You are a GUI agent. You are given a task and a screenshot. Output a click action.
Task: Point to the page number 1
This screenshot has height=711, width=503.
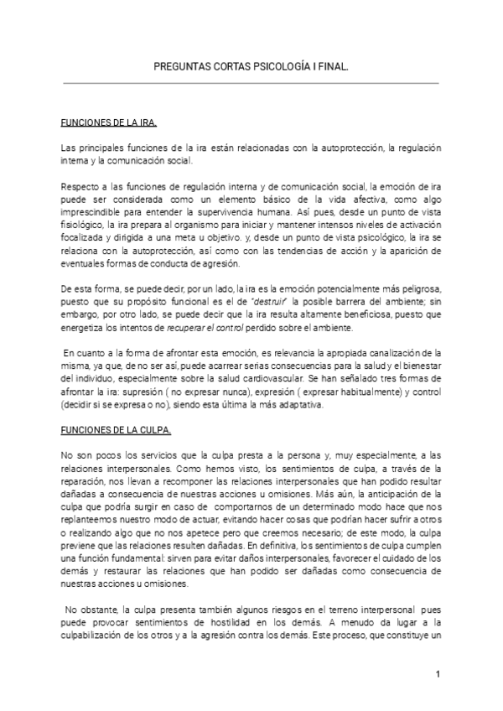[x=438, y=674]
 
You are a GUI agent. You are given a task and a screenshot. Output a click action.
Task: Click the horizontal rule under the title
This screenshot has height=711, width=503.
[x=251, y=83]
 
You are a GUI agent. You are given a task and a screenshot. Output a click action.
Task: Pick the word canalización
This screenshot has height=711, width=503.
[x=391, y=354]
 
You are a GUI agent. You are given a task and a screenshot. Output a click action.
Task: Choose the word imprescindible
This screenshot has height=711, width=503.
[x=91, y=209]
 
